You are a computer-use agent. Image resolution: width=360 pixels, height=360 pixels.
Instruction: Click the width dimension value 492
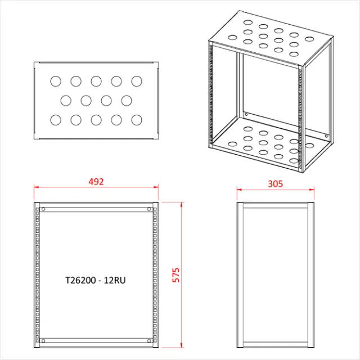pyautogui.click(x=96, y=182)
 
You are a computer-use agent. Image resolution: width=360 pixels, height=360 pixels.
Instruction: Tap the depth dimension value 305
pyautogui.click(x=275, y=183)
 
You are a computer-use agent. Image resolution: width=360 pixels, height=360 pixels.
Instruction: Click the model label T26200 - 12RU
pyautogui.click(x=96, y=279)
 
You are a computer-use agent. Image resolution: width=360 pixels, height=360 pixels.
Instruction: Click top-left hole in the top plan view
pyautogui.click(x=56, y=82)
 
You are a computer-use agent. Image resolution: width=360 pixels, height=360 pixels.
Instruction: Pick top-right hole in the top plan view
pyautogui.click(x=137, y=82)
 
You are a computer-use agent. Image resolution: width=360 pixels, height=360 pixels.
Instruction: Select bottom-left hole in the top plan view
pyautogui.click(x=56, y=120)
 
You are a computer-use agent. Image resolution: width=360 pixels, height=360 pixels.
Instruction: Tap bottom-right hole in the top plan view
pyautogui.click(x=137, y=120)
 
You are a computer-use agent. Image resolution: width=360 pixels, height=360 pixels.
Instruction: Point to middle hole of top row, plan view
pyautogui.click(x=96, y=82)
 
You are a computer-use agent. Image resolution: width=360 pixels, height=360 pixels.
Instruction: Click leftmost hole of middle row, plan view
pyautogui.click(x=66, y=101)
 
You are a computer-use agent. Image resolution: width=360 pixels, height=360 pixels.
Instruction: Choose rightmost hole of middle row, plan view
pyautogui.click(x=127, y=101)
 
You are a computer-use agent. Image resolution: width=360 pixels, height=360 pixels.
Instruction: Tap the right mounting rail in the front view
pyautogui.click(x=154, y=276)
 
